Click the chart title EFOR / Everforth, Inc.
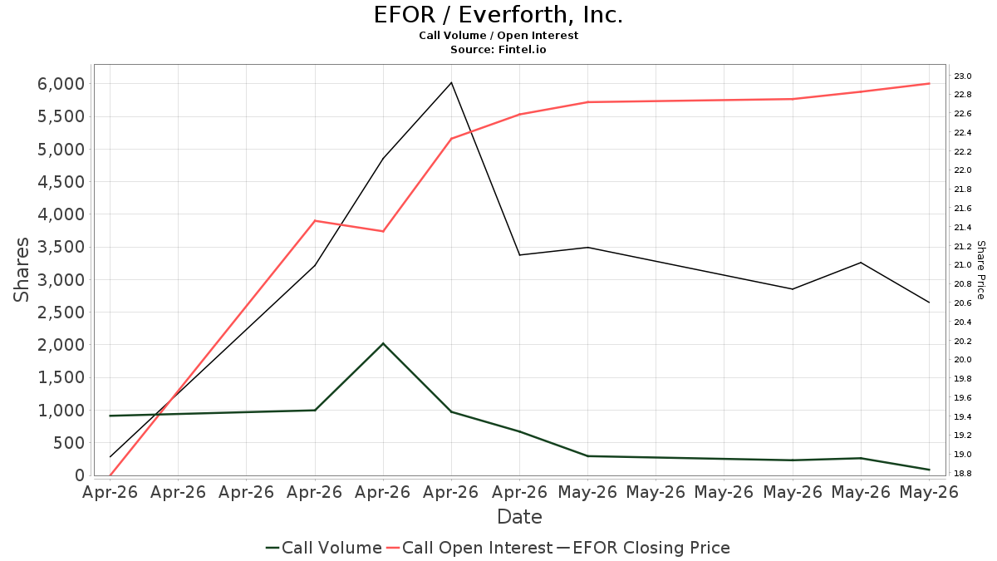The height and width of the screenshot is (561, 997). pyautogui.click(x=498, y=15)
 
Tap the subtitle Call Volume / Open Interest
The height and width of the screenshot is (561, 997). pyautogui.click(x=498, y=36)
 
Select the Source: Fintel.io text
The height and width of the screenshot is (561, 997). pyautogui.click(x=498, y=49)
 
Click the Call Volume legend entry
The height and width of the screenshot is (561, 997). pyautogui.click(x=324, y=548)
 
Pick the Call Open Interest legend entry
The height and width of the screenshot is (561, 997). pyautogui.click(x=469, y=548)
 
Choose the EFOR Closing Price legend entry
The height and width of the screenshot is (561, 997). pyautogui.click(x=643, y=548)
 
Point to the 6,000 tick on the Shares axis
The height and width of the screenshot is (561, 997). pyautogui.click(x=61, y=84)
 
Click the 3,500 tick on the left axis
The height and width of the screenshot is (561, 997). pyautogui.click(x=61, y=247)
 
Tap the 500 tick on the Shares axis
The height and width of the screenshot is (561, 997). pyautogui.click(x=69, y=443)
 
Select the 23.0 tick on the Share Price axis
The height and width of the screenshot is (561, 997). pyautogui.click(x=962, y=76)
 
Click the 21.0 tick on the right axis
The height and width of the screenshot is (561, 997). pyautogui.click(x=962, y=265)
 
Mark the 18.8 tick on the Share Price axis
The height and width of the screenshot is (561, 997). pyautogui.click(x=962, y=473)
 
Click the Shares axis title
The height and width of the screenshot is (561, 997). pyautogui.click(x=21, y=270)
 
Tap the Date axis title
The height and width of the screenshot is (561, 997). pyautogui.click(x=519, y=517)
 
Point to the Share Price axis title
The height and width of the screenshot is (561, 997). pyautogui.click(x=980, y=270)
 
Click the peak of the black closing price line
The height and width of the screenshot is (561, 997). pyautogui.click(x=451, y=82)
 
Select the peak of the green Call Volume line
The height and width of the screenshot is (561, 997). pyautogui.click(x=383, y=343)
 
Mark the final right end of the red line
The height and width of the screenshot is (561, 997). pyautogui.click(x=930, y=84)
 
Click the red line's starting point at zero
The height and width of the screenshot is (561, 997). pyautogui.click(x=110, y=475)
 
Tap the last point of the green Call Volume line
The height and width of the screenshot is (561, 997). pyautogui.click(x=930, y=470)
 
